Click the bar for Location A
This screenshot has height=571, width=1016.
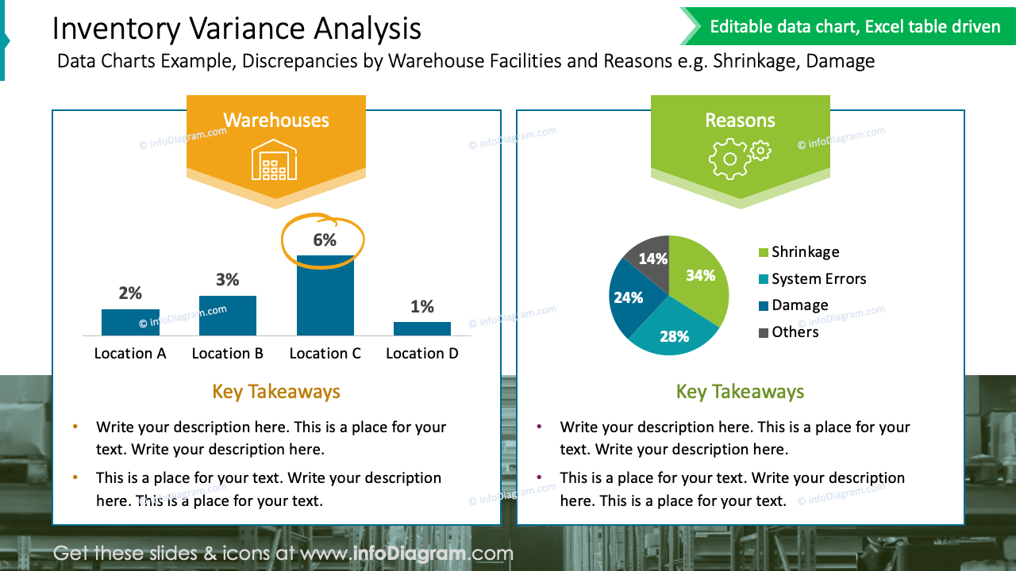point(130,322)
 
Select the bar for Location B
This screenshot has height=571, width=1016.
point(227,316)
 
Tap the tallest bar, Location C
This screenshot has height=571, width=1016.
point(325,296)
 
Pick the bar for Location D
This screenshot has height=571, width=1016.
point(422,328)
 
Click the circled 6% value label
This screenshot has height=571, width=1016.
point(325,240)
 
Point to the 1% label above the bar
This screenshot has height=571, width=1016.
point(422,307)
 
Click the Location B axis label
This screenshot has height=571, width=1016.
point(227,354)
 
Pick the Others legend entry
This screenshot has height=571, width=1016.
point(795,332)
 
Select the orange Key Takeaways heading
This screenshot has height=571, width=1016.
point(276,392)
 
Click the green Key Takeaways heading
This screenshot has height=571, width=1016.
point(740,392)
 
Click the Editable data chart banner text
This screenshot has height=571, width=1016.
point(855,27)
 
